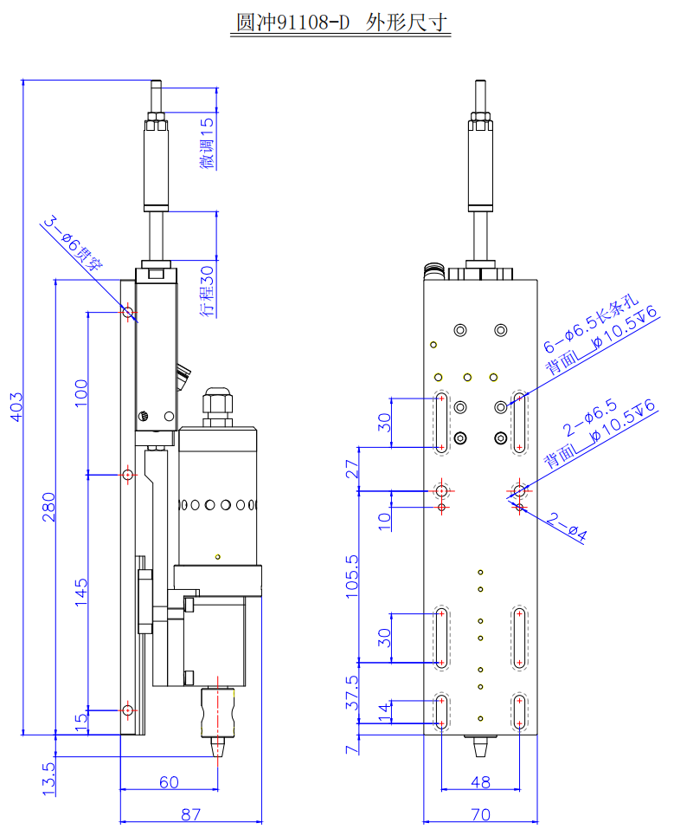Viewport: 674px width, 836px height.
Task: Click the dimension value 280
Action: [48, 508]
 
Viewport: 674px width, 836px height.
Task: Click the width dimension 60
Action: [169, 782]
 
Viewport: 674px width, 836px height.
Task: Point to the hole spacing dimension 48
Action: [480, 782]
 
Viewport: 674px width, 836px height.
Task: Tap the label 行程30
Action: [208, 290]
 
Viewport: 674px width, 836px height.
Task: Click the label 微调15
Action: [208, 144]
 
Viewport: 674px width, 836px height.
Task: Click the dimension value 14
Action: [384, 711]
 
